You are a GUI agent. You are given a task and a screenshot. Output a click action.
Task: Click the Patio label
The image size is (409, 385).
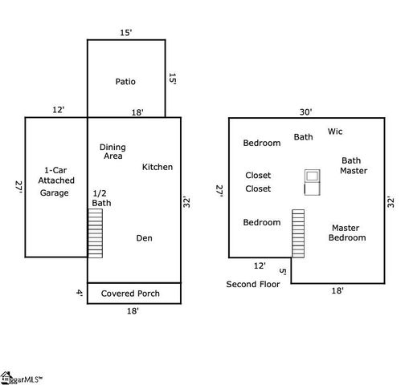[x=125, y=82]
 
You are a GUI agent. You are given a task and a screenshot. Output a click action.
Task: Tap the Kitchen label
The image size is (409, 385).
[x=157, y=167]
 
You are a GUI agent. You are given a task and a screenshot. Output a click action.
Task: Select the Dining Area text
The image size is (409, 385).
[x=112, y=152]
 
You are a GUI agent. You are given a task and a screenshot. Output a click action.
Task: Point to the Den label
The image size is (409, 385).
[x=144, y=238]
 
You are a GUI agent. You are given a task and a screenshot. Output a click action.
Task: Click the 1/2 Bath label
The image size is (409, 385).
[x=101, y=198]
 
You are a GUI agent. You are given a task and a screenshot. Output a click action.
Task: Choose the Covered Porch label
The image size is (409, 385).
[x=130, y=294]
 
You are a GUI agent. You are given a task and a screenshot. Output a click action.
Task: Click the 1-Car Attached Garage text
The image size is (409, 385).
[x=56, y=181]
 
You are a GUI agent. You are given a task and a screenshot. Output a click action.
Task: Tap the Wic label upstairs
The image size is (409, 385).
[x=335, y=132]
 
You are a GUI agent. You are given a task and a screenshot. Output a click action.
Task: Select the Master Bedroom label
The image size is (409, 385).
[x=347, y=233]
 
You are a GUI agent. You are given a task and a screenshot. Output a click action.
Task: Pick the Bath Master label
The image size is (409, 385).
[x=354, y=165]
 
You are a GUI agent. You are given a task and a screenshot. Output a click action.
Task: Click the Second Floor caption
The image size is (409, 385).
[x=253, y=284]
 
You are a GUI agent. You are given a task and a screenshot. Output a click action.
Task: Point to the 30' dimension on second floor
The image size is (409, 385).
[x=305, y=111]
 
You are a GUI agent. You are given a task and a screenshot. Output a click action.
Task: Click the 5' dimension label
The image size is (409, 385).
[x=283, y=271]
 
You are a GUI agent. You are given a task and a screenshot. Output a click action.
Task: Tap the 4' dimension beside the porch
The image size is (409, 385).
[x=80, y=292]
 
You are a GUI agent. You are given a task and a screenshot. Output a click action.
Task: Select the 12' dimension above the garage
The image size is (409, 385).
[x=59, y=110]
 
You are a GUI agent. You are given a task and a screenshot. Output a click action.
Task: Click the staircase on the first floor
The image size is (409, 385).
[x=96, y=233]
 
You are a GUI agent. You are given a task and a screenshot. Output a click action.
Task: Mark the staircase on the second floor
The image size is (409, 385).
[x=298, y=233]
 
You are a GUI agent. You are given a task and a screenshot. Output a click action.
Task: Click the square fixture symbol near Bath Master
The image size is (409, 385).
[x=313, y=182]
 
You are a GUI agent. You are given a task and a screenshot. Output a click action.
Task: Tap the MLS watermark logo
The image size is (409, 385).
[x=21, y=379]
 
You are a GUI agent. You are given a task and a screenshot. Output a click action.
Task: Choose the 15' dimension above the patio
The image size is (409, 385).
[x=126, y=33]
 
